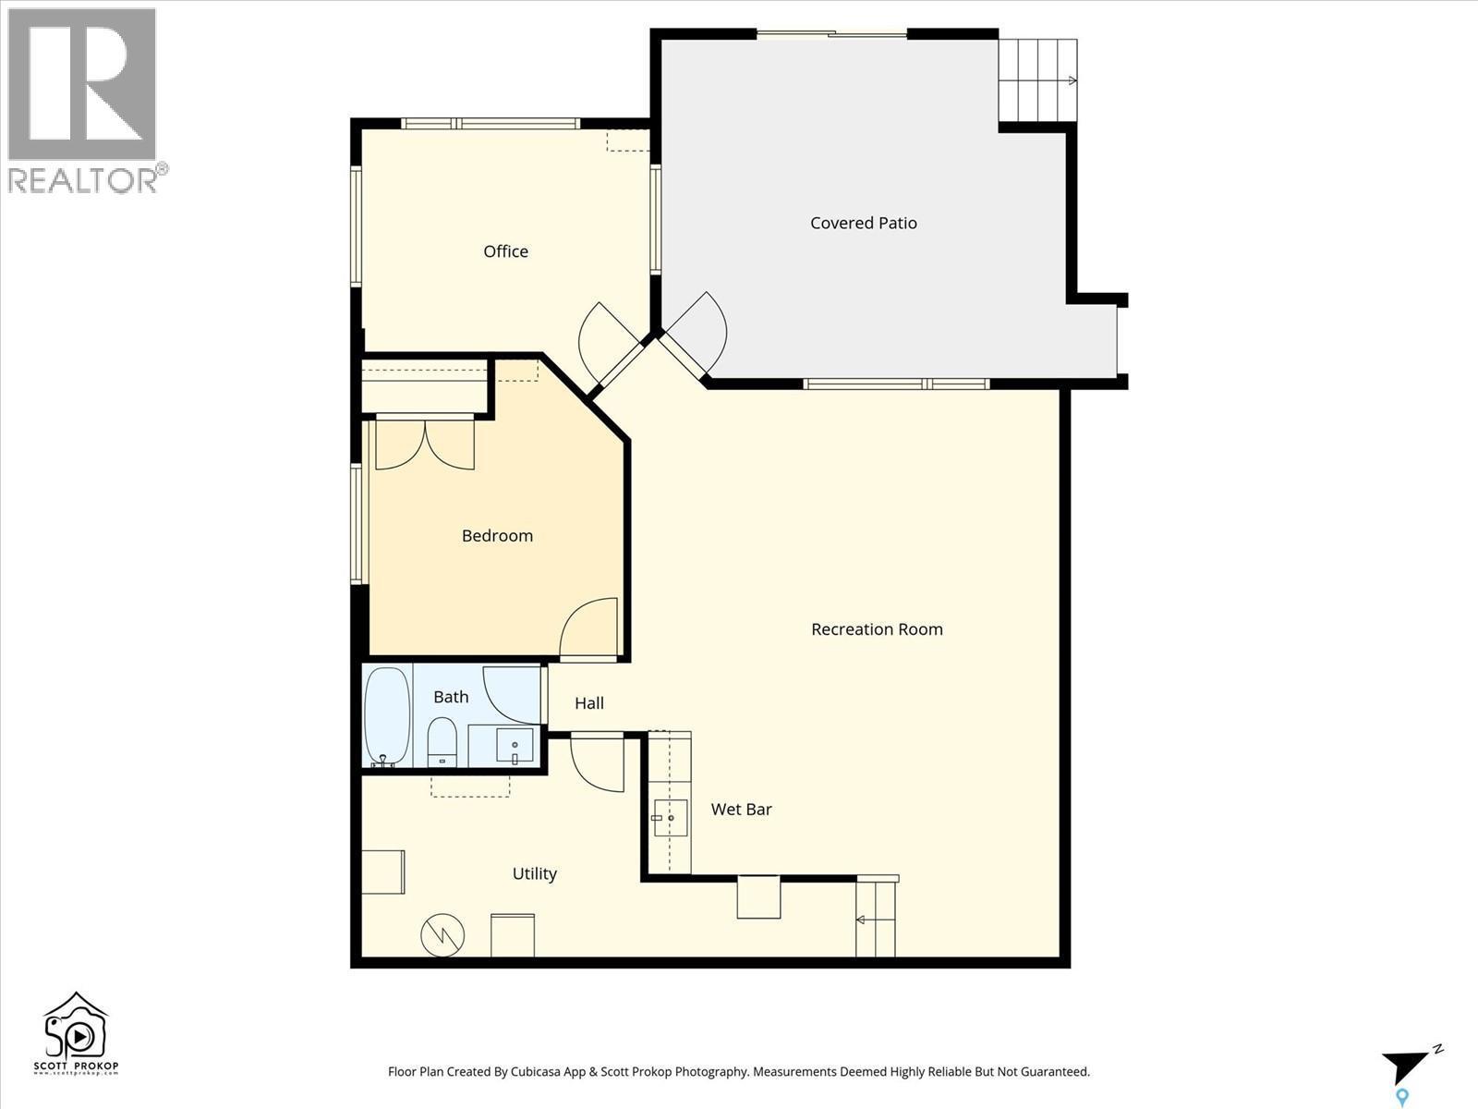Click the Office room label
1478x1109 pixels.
505,251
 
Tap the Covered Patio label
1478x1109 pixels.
863,223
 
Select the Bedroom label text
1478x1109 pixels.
497,536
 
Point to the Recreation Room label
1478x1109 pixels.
877,629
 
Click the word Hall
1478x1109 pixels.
589,703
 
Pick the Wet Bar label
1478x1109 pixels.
741,810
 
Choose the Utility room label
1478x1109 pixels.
534,873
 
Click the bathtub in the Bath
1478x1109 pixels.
387,716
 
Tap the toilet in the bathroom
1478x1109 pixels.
442,742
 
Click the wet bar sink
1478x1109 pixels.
670,818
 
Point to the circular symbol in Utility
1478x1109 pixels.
442,934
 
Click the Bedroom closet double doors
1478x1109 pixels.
425,444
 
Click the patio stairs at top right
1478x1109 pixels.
1037,80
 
